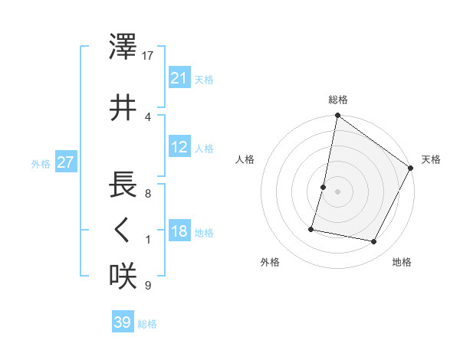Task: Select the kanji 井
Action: [123, 108]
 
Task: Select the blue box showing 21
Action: [179, 78]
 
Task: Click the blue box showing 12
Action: [179, 148]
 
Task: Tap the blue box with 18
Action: [179, 232]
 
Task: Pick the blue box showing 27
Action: [65, 163]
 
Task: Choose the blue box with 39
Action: [122, 323]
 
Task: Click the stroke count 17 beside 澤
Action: [148, 56]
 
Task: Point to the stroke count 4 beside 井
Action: [148, 116]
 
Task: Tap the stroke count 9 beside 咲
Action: [148, 286]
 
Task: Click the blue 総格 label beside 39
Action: [147, 324]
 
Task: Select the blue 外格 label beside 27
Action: [41, 164]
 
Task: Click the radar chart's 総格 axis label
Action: [337, 100]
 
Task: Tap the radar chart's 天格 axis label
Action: [431, 159]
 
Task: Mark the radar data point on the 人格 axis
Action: [324, 187]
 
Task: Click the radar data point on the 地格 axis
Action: [374, 242]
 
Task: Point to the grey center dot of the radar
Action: [337, 191]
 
